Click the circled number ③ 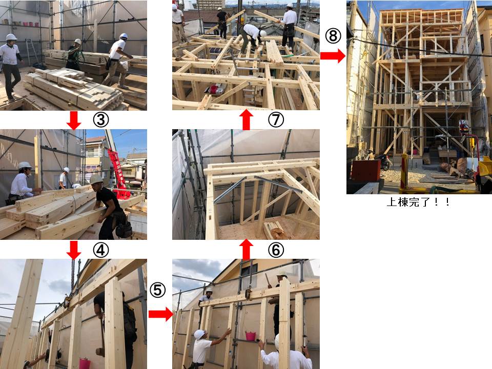101,119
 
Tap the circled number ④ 101,250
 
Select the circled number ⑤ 157,290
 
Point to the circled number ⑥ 276,250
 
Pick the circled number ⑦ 276,119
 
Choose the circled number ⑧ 333,36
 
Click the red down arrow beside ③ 74,120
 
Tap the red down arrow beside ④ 74,250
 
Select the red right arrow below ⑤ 160,314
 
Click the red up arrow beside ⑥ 247,250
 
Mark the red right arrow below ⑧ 333,56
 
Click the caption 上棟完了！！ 419,202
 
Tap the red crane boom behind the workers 116,173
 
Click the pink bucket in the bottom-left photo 85,363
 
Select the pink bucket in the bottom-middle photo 251,336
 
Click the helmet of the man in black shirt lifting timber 96,180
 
